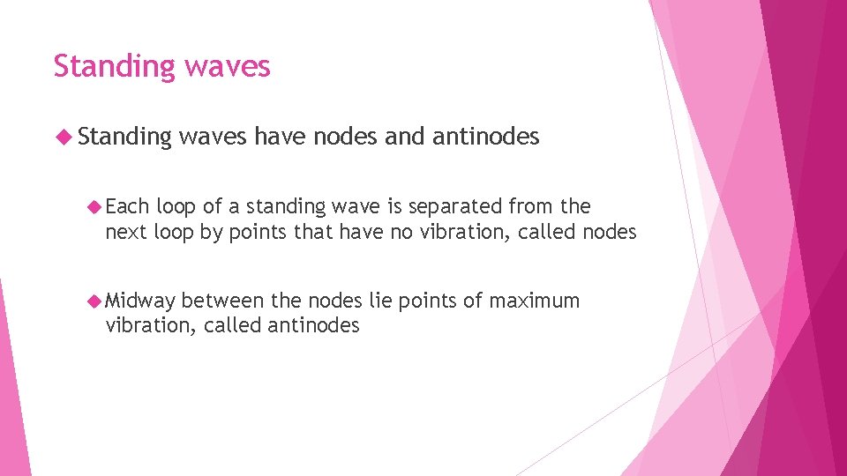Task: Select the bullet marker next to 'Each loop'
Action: pos(94,206)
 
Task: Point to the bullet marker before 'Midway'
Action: pos(94,301)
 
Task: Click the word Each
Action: pos(127,206)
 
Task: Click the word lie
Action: pos(380,301)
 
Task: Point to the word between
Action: pos(221,301)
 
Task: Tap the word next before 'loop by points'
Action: pos(126,232)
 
